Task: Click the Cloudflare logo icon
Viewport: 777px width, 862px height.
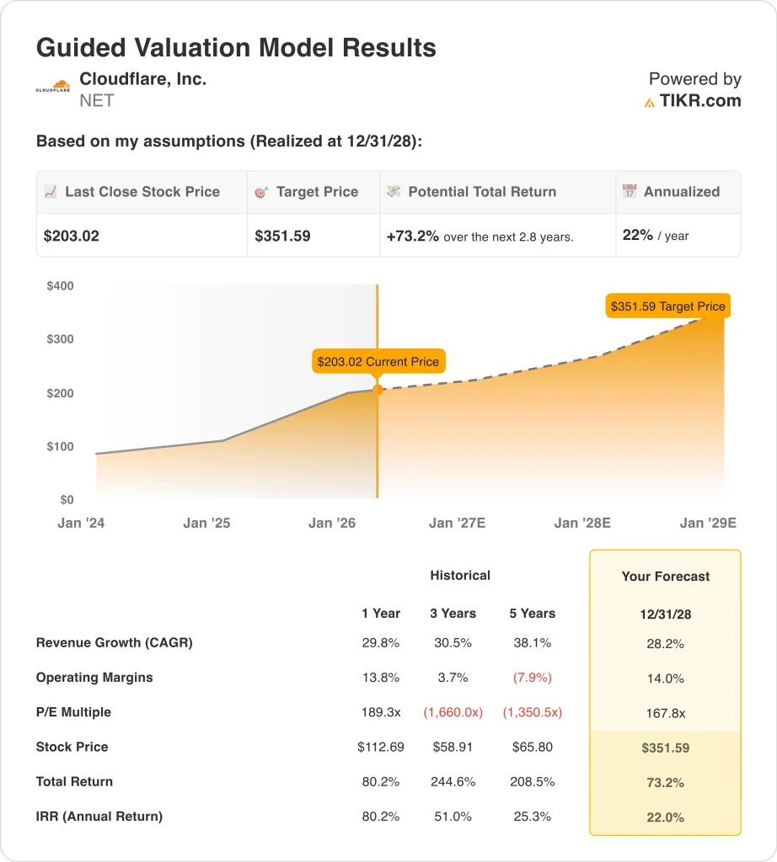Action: (x=53, y=86)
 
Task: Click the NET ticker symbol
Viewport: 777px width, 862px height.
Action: (x=96, y=101)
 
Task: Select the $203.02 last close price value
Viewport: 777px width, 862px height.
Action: (x=72, y=236)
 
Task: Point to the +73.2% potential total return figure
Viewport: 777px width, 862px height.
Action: (x=413, y=236)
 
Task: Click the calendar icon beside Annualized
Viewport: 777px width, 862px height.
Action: (x=630, y=192)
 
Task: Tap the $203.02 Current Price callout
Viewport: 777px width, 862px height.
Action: (x=378, y=362)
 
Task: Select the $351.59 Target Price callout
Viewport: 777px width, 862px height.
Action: (x=667, y=306)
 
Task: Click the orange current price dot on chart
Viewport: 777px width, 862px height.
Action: (x=378, y=390)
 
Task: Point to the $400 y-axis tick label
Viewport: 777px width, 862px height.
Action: (x=60, y=286)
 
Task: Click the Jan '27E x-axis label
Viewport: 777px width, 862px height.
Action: (x=457, y=523)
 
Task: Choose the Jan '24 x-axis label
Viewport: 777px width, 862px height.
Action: (x=81, y=523)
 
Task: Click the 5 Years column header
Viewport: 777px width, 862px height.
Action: (x=532, y=613)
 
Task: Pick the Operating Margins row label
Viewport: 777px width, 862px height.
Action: (x=94, y=678)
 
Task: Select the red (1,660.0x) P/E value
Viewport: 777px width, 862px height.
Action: (x=453, y=712)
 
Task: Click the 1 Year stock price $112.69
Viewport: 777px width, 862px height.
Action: (x=381, y=747)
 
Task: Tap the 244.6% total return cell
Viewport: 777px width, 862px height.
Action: (x=453, y=781)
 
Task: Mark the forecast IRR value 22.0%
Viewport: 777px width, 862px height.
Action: (x=666, y=817)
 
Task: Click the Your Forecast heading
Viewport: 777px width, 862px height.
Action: (x=666, y=577)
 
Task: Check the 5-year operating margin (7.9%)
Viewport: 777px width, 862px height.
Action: (x=532, y=678)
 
